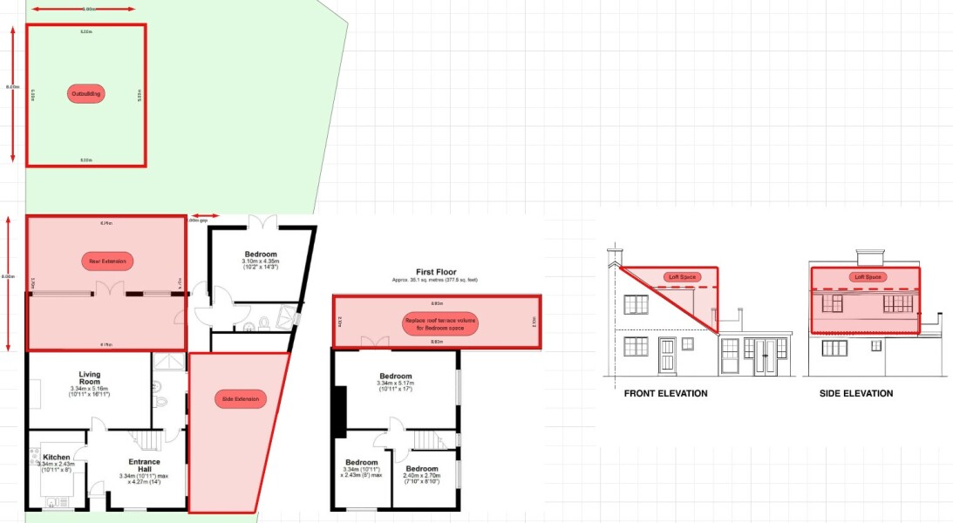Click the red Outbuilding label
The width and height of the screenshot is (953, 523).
[x=86, y=93]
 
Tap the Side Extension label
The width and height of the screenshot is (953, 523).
[x=240, y=398]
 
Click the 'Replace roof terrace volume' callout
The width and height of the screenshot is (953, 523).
[x=437, y=323]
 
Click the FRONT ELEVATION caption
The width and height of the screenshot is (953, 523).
[x=665, y=393]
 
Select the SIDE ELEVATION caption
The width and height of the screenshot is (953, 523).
[x=855, y=393]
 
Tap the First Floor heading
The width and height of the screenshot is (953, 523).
[x=435, y=272]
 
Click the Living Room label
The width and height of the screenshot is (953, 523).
[x=89, y=378]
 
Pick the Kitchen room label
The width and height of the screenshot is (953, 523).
[x=57, y=457]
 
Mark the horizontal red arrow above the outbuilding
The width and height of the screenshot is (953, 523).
[x=83, y=9]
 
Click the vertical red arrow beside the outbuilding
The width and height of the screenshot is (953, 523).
[x=13, y=93]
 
